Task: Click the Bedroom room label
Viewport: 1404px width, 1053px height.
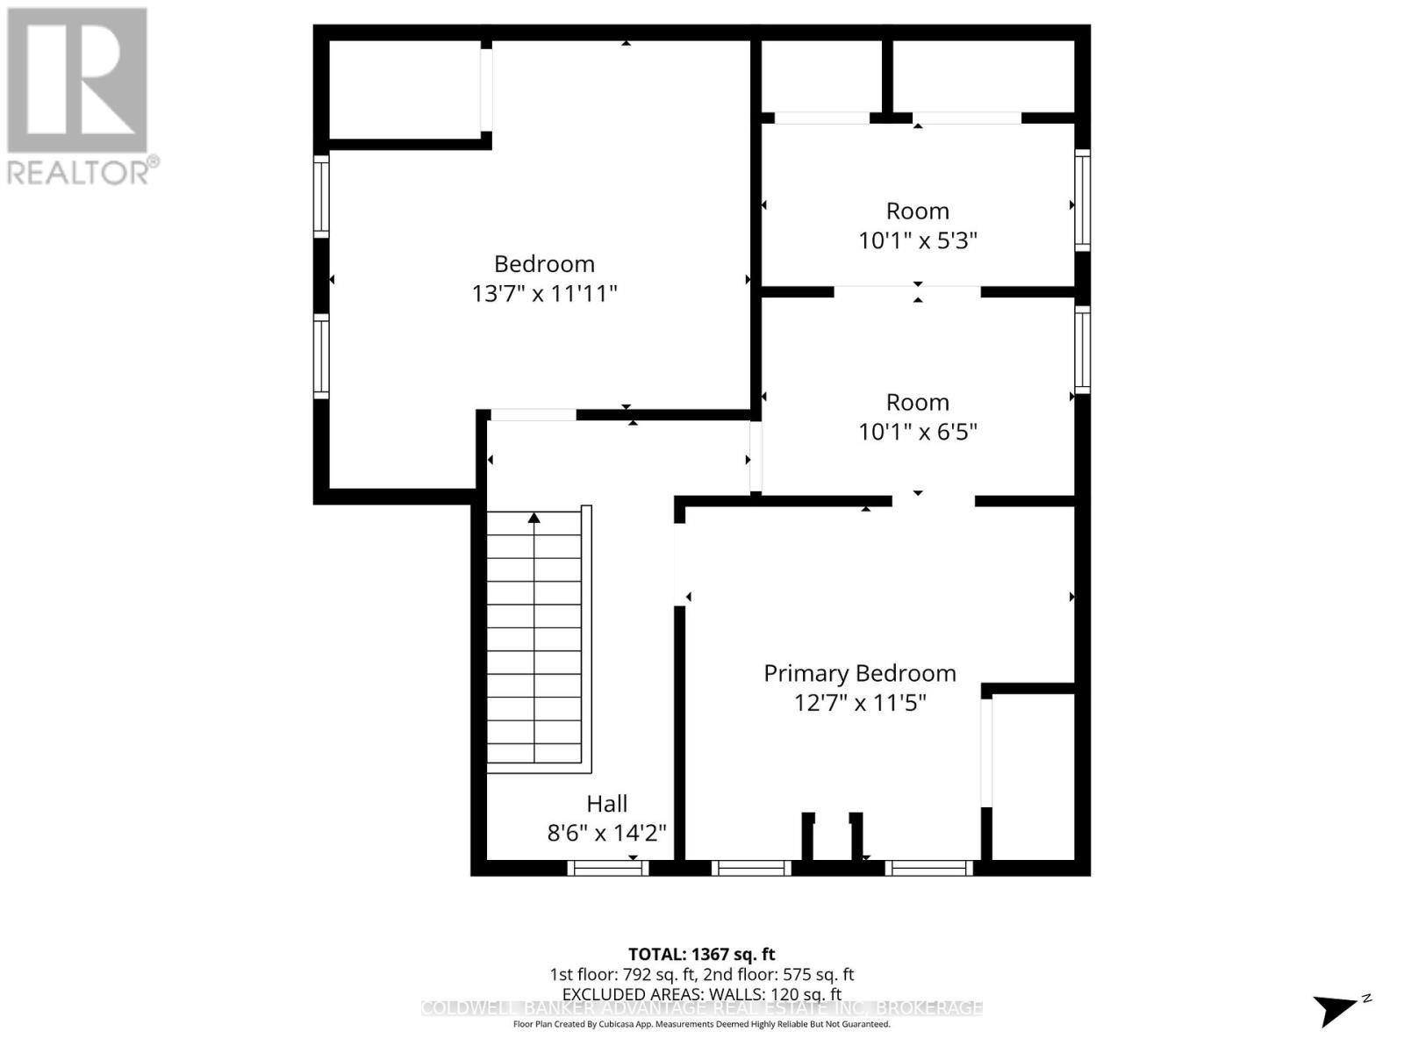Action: pos(544,264)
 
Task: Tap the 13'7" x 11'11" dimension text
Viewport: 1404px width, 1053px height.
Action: pos(544,293)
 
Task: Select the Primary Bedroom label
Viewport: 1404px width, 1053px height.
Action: pos(859,673)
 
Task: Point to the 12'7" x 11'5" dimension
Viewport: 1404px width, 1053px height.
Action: pos(859,703)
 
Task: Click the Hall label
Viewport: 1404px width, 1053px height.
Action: pos(606,804)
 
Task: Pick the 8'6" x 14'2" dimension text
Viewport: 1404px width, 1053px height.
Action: pos(606,833)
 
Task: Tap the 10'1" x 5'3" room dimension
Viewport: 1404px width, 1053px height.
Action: pos(917,240)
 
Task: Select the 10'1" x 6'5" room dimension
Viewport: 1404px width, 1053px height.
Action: pos(917,432)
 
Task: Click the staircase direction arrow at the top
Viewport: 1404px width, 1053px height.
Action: pos(534,518)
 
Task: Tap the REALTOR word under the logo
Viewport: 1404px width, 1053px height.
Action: pos(83,172)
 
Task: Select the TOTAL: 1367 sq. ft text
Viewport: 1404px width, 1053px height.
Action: pos(701,954)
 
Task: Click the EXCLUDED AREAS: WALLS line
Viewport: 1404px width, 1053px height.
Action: pos(701,994)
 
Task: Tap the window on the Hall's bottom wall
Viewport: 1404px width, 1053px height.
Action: pos(607,868)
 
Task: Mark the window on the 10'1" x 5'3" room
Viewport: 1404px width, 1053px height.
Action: pos(1083,200)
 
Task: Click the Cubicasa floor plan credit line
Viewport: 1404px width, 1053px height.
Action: pos(701,1024)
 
